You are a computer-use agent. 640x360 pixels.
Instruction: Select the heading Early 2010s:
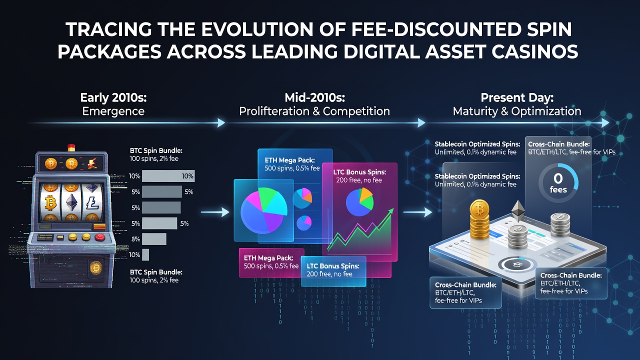[113, 97]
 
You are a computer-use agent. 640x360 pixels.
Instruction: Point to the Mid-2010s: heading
[314, 97]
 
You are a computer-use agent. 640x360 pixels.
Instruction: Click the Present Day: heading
[517, 97]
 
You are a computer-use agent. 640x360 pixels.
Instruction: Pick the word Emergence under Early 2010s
[113, 111]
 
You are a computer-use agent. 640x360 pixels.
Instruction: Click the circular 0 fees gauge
[558, 183]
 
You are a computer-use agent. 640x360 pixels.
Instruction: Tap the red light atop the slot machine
[71, 147]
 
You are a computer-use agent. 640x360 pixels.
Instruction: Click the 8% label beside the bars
[135, 239]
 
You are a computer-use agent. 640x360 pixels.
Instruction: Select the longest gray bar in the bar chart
[168, 176]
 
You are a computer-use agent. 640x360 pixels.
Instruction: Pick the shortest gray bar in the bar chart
[145, 254]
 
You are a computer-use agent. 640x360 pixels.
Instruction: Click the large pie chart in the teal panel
[263, 211]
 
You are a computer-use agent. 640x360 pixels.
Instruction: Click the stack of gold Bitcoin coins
[479, 219]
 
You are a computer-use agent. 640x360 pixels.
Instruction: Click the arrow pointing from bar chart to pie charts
[215, 212]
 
